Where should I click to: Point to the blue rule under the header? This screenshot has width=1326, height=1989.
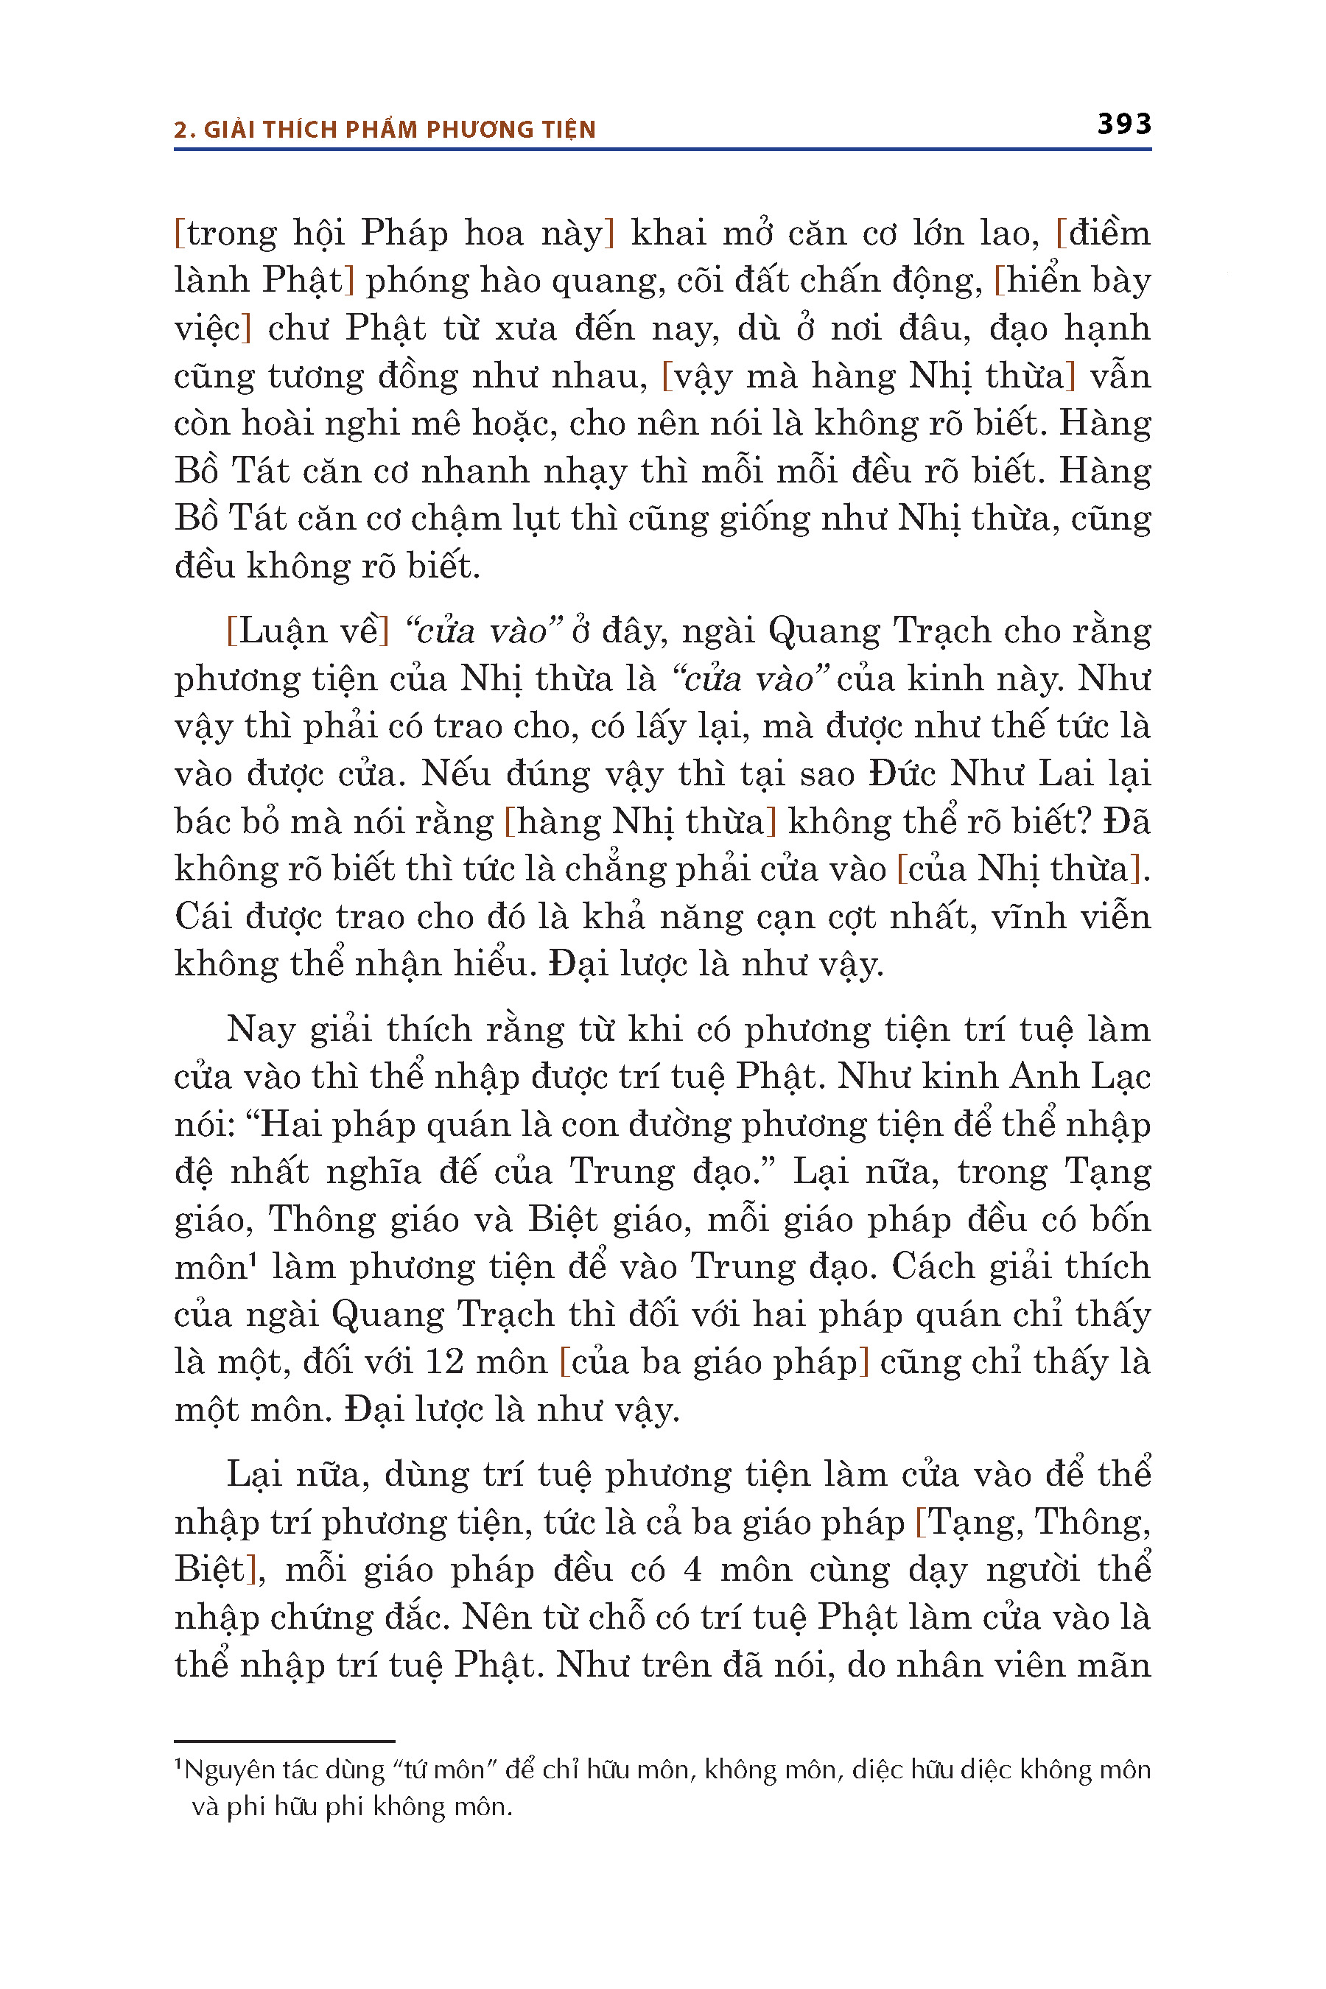click(x=662, y=150)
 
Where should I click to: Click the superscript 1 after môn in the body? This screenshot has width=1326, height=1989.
click(x=253, y=1259)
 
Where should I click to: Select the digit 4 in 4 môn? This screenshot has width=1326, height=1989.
click(x=692, y=1570)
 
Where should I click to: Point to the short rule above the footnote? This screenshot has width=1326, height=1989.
click(x=284, y=1741)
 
